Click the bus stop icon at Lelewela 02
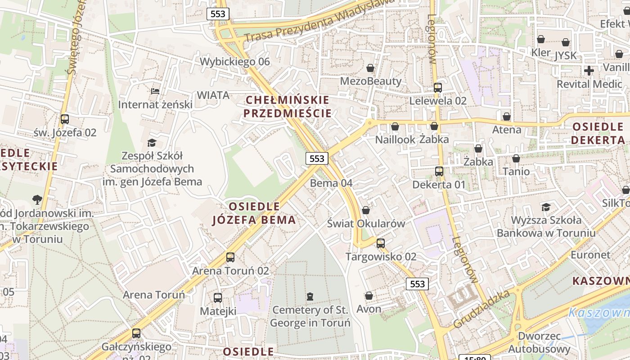(438, 88)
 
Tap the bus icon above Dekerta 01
(439, 171)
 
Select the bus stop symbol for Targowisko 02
(381, 243)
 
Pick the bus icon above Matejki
(218, 298)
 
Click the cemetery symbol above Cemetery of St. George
(310, 297)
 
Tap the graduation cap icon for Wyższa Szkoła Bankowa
(546, 207)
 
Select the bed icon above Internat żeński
(155, 91)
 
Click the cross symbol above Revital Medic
(589, 71)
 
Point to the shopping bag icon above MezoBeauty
(370, 68)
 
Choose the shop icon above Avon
(369, 296)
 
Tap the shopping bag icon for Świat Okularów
(366, 210)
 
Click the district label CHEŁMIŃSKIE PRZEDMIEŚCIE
(288, 106)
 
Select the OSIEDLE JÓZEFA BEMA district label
(254, 213)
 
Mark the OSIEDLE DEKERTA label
(598, 133)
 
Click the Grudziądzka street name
(482, 309)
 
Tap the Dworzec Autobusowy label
(539, 342)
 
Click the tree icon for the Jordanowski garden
(37, 199)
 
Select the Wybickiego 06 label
(235, 62)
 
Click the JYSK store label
(566, 55)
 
